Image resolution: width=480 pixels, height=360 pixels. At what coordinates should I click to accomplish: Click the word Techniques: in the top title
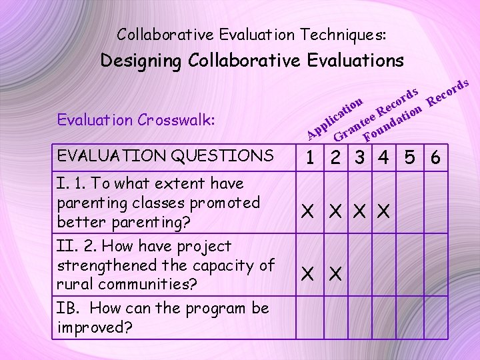pos(343,33)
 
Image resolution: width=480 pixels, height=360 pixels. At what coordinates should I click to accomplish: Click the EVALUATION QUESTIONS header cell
pos(166,156)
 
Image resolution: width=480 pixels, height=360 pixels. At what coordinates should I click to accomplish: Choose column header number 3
pos(360,158)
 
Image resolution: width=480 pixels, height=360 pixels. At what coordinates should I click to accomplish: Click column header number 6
pos(435,158)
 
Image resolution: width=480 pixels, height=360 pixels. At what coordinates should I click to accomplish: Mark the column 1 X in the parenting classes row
pos(308,211)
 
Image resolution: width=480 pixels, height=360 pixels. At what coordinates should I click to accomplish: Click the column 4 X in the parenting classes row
pos(383,211)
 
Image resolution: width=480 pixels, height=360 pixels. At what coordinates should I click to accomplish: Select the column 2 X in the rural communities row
pos(334,273)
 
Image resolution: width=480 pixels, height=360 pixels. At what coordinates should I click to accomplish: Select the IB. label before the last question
pos(69,309)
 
